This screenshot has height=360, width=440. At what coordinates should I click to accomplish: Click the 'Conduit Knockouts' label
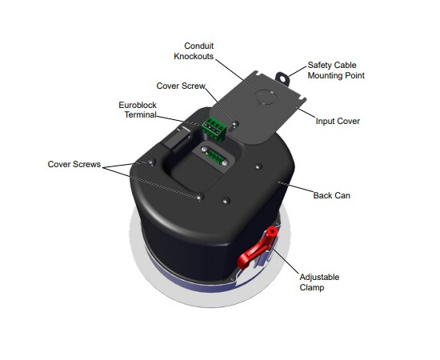[194, 50]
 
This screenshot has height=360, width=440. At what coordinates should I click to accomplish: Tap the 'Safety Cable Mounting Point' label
[336, 70]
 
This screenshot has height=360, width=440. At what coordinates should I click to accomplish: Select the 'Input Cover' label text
[338, 121]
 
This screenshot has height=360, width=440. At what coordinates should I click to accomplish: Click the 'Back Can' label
[332, 195]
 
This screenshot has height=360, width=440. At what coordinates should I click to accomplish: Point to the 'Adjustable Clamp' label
[319, 282]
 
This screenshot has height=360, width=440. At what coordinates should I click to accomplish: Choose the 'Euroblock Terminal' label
[138, 110]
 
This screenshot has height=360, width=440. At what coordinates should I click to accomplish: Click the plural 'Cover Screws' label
[74, 164]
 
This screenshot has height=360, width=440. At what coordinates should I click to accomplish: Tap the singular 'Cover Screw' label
[181, 86]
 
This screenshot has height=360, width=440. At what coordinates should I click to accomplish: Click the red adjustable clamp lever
[258, 247]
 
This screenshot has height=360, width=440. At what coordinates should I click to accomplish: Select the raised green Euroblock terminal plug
[214, 129]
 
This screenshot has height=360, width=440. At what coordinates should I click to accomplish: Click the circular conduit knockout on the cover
[266, 97]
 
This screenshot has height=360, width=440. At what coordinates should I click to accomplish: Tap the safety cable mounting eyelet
[282, 78]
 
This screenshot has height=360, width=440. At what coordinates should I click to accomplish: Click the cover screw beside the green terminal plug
[236, 123]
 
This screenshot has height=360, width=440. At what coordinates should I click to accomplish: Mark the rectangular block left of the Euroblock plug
[177, 138]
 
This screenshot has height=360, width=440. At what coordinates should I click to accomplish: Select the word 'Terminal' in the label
[141, 114]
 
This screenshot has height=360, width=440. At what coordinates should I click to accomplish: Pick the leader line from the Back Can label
[295, 187]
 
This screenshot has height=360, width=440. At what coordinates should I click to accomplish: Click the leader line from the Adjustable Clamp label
[284, 259]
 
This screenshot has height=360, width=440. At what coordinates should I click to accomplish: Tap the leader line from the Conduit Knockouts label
[238, 76]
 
